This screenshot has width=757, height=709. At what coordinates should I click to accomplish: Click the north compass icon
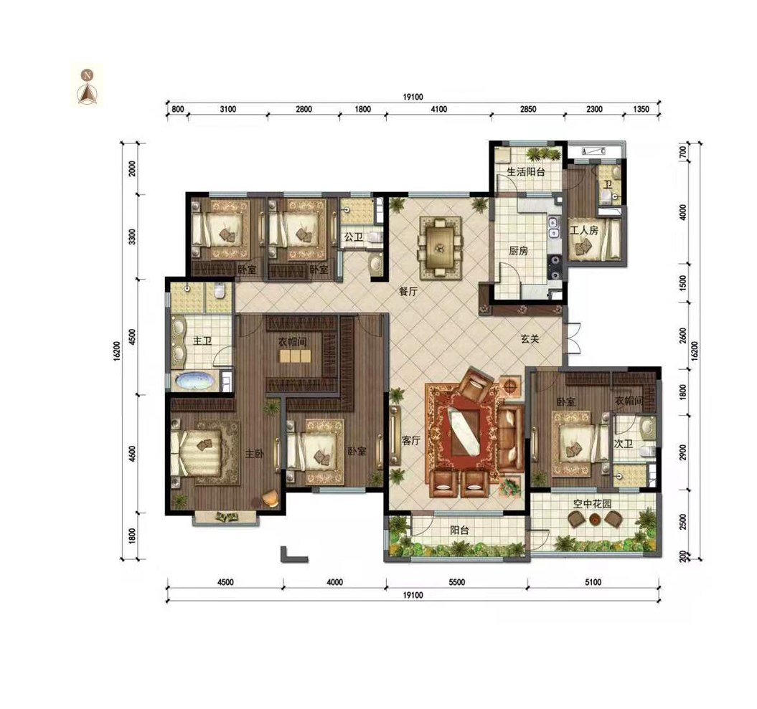click(87, 86)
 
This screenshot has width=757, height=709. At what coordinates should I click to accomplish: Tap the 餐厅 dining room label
click(408, 291)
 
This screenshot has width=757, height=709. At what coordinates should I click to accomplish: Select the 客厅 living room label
click(411, 440)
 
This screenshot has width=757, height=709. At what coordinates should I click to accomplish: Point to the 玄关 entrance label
click(530, 339)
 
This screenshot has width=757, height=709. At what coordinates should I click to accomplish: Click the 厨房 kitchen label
click(518, 251)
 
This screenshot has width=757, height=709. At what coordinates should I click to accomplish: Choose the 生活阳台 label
click(526, 172)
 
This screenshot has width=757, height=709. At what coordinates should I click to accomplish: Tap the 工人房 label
click(583, 231)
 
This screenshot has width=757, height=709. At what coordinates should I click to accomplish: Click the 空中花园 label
click(593, 504)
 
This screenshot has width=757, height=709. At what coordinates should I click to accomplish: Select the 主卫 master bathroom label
click(202, 341)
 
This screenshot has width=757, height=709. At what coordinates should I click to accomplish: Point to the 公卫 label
click(354, 237)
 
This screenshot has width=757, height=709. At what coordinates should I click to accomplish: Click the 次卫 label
click(623, 443)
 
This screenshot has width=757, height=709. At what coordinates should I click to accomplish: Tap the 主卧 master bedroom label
click(255, 454)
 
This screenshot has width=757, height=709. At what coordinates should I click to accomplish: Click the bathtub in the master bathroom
click(195, 381)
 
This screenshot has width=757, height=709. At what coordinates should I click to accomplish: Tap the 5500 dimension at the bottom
click(456, 582)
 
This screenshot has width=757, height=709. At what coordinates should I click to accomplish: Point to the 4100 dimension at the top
click(438, 109)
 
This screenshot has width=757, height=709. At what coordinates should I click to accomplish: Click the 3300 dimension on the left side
click(133, 237)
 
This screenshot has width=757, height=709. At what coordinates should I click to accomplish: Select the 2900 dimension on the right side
click(682, 452)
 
